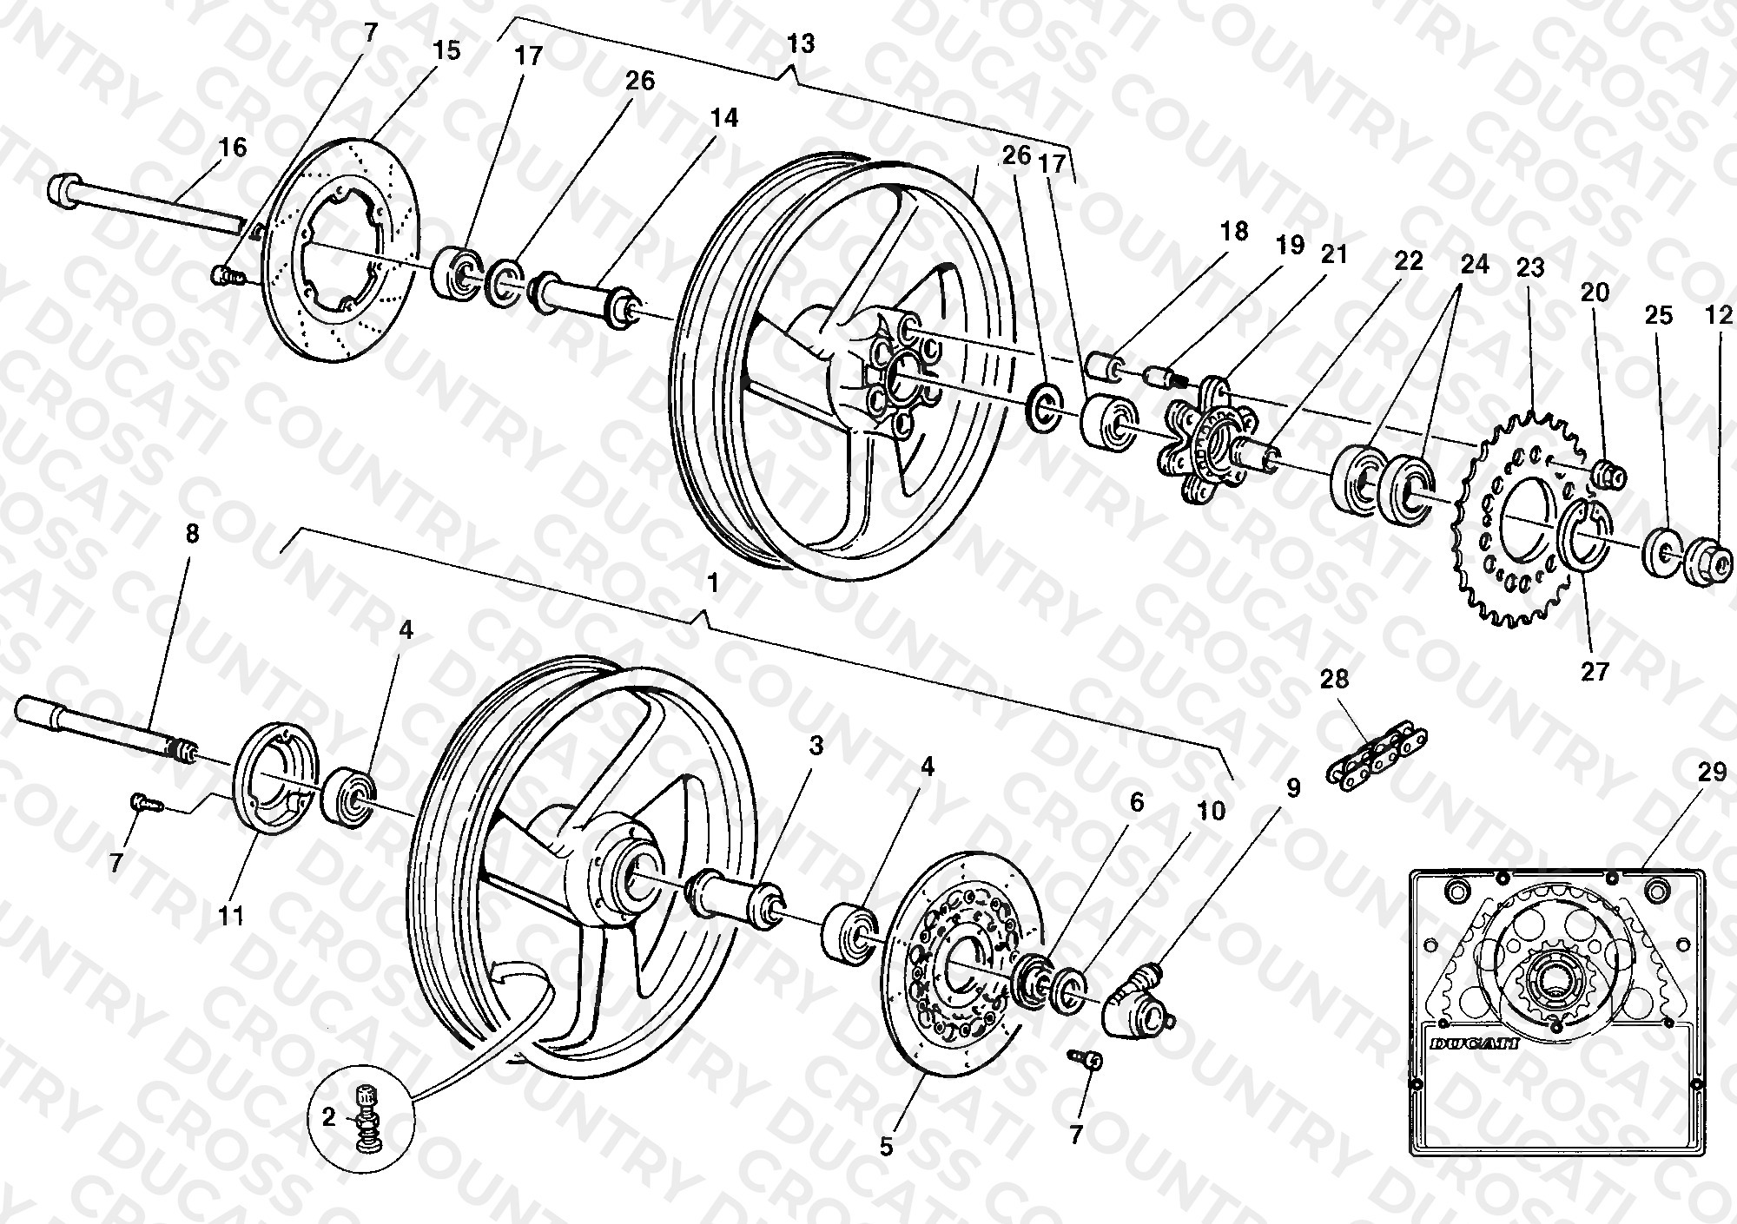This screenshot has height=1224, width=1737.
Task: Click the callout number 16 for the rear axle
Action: click(233, 147)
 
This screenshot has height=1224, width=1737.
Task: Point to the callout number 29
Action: click(1711, 773)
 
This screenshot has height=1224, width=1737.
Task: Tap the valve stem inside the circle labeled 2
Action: click(367, 1118)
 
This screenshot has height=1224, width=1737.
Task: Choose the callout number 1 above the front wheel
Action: click(713, 583)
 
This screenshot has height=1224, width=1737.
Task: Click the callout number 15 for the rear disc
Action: click(446, 49)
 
